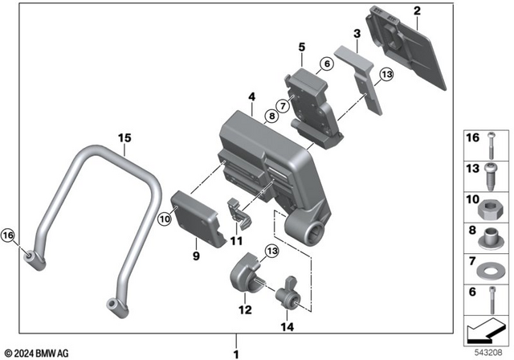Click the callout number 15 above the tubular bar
click(123, 138)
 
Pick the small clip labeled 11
click(239, 211)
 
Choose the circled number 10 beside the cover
click(165, 218)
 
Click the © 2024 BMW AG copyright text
click(36, 353)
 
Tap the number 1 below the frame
click(236, 353)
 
